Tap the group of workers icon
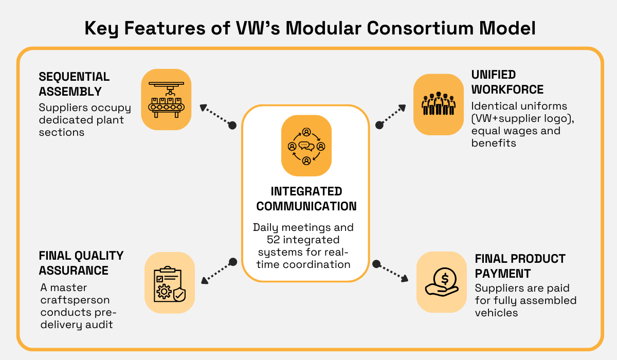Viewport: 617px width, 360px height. pos(438,104)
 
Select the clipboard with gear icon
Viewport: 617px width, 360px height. pos(170,282)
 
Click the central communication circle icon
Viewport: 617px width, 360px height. pos(306,146)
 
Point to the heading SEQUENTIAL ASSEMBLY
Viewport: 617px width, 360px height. pos(74,84)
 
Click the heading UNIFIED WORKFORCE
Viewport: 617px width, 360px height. pos(507,82)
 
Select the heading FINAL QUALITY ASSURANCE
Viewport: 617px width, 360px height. pos(81,263)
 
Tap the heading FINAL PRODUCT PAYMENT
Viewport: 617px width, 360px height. pos(520,265)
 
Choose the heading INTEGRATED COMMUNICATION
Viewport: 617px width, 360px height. pos(306,199)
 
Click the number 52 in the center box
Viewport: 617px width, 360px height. pos(273,240)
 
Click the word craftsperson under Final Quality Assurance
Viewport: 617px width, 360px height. pos(75,300)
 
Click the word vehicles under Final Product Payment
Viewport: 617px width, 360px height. pos(497,313)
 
